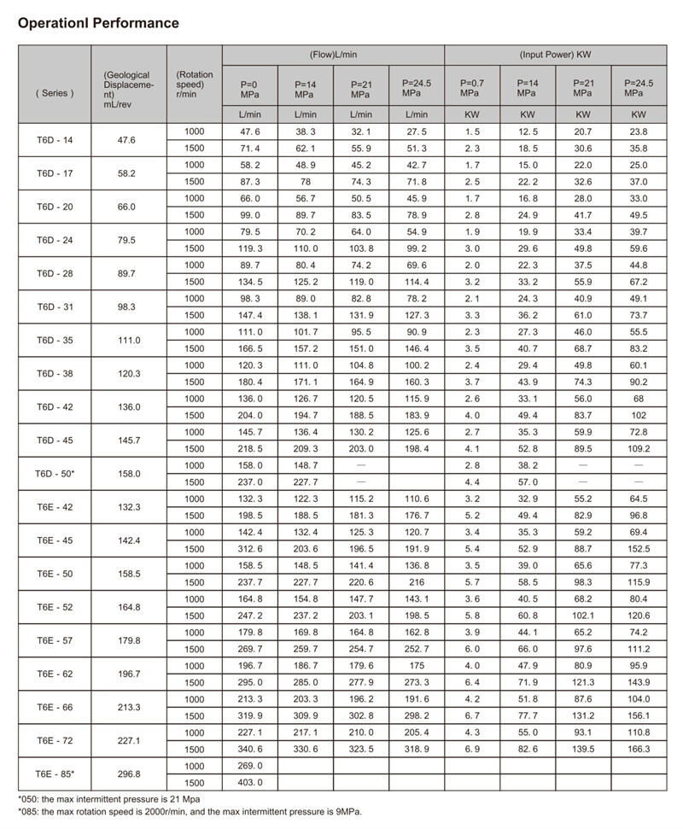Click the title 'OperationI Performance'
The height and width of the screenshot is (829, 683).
pos(98,23)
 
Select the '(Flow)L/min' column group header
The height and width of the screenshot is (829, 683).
pos(333,55)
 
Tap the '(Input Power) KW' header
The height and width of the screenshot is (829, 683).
pos(555,55)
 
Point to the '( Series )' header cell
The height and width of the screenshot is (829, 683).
pos(55,93)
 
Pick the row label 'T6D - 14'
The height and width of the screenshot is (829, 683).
pos(55,139)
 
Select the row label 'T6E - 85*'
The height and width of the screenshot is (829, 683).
pos(55,774)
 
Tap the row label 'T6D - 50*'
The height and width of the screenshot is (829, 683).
pos(55,473)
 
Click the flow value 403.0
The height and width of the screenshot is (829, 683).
pos(249,783)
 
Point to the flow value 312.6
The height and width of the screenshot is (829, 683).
pos(249,549)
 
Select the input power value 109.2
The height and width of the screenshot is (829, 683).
pos(639,448)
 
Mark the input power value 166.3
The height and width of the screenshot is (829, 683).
pos(639,749)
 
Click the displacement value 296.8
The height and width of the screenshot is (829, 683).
pos(128,774)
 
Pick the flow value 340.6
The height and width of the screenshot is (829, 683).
pos(249,749)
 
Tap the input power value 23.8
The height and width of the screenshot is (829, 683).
pos(639,131)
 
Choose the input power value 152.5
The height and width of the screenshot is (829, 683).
pos(639,549)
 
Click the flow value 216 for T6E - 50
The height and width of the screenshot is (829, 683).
pos(417,582)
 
